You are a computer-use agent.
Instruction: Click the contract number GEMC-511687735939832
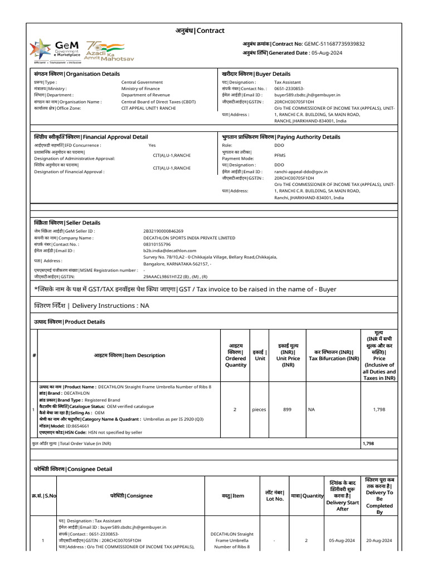(x=334, y=43)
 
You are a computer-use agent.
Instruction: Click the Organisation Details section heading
(x=76, y=73)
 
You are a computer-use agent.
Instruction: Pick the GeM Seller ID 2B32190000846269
(x=163, y=231)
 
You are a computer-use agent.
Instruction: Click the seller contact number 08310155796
(x=157, y=244)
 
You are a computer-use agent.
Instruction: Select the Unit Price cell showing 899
(x=287, y=409)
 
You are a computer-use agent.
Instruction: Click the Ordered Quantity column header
(x=235, y=355)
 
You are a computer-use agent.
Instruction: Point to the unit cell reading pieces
(x=259, y=409)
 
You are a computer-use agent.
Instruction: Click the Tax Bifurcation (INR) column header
(x=334, y=355)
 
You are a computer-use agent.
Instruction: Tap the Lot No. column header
(x=275, y=495)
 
